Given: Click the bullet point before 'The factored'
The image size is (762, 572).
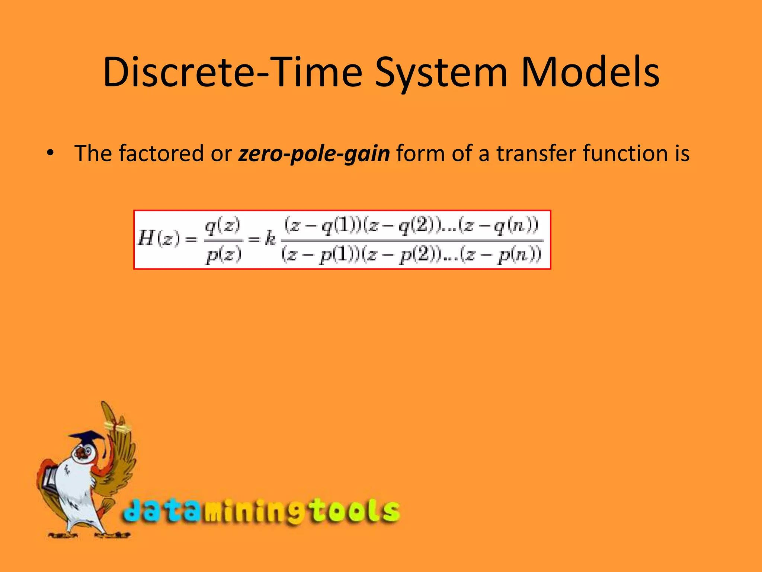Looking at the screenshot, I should point(50,153).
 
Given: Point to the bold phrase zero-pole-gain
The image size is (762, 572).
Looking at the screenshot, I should point(314,154).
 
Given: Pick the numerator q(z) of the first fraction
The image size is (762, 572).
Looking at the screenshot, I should point(222,226).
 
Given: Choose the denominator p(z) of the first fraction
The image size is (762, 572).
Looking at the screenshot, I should point(224,255).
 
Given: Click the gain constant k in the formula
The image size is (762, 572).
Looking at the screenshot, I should point(270,238).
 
